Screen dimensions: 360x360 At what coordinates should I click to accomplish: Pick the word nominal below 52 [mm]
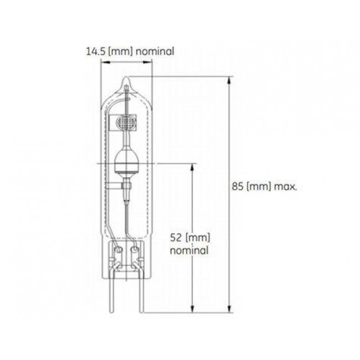tap(189, 250)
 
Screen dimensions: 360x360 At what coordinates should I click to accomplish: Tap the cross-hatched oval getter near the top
tap(127, 120)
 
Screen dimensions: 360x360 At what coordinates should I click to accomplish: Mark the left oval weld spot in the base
tap(118, 250)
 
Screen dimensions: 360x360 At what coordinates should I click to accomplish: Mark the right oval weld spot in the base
tap(135, 250)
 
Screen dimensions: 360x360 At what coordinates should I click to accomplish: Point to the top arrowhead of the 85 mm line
tap(229, 80)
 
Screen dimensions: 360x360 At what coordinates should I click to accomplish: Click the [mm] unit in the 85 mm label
tap(258, 187)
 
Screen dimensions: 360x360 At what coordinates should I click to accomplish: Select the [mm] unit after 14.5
tap(119, 52)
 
